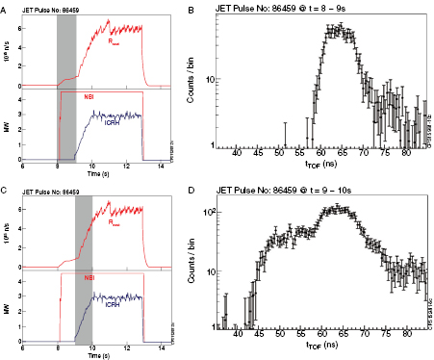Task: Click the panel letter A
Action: (x=4, y=6)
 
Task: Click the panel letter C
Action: (x=4, y=185)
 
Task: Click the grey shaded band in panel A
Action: (x=66, y=87)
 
